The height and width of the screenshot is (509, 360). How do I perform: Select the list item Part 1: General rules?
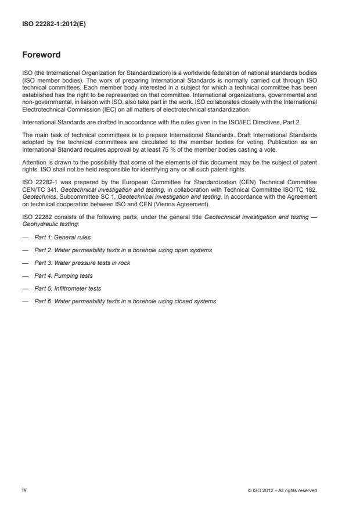coord(62,237)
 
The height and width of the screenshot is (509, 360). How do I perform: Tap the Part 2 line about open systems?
coord(123,250)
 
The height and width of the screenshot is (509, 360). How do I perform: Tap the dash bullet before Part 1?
coord(26,238)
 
